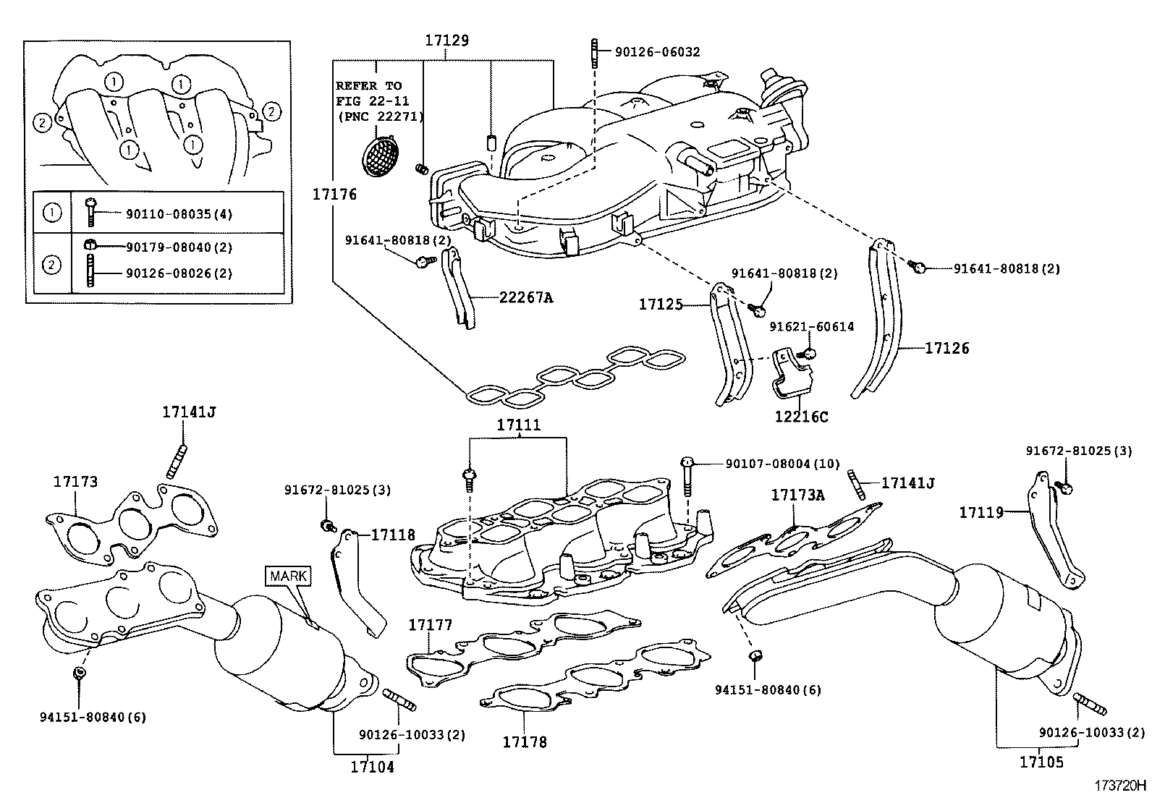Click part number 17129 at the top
(446, 41)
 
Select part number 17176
(334, 194)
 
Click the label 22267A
(526, 297)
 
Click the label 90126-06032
(657, 52)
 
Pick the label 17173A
(797, 496)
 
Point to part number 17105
(1041, 762)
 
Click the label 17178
(525, 741)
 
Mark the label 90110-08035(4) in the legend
(179, 214)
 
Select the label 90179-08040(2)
(179, 247)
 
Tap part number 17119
(981, 513)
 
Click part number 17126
(947, 348)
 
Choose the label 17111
(518, 426)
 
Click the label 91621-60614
(811, 327)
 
